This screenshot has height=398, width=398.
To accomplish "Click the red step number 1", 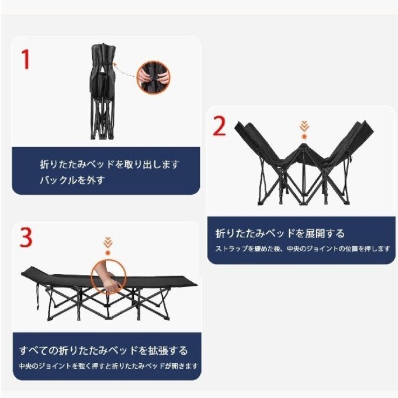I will click(x=25, y=60).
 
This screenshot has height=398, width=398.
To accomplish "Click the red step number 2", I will click(x=219, y=127).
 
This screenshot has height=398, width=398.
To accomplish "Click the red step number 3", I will click(x=26, y=238).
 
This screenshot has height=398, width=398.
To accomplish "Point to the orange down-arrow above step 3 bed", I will click(x=108, y=245).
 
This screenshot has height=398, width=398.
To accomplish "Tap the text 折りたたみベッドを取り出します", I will click(x=109, y=164).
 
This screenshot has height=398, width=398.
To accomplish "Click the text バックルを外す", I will click(x=72, y=180).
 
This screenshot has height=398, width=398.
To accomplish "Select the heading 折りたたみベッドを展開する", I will click(x=280, y=233).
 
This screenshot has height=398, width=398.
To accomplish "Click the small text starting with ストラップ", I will click(x=303, y=248).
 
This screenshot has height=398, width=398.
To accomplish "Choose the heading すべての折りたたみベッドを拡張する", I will click(x=104, y=351).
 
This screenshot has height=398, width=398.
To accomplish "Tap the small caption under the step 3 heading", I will click(x=108, y=366).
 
